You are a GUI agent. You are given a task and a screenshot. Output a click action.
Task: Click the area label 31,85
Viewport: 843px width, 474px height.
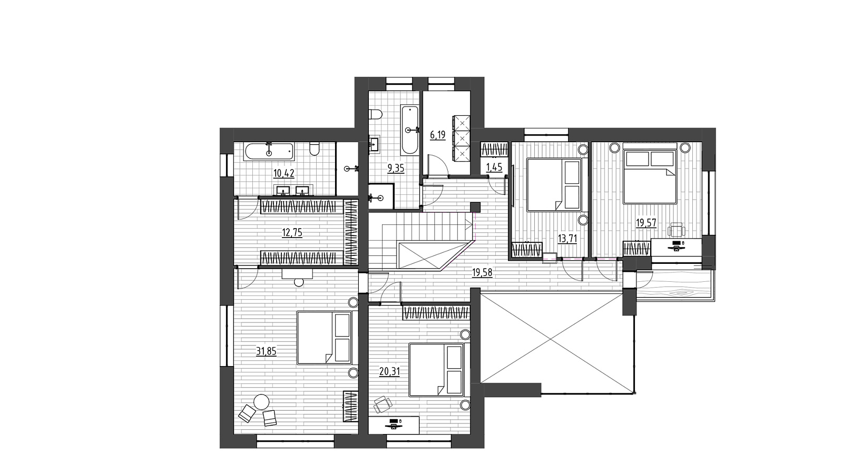[x=267, y=352]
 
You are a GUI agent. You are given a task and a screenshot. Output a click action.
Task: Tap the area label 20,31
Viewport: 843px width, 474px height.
[x=389, y=372]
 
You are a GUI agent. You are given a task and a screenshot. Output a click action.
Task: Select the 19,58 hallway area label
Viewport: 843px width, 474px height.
[x=482, y=273]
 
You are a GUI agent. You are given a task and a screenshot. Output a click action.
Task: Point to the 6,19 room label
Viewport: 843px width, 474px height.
[x=438, y=135]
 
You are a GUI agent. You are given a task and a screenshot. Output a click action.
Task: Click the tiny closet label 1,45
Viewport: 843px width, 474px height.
[x=494, y=167]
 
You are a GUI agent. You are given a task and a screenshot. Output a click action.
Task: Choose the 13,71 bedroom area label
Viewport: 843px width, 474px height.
[x=567, y=239]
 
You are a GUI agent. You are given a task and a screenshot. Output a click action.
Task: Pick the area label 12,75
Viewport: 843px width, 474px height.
[x=292, y=233]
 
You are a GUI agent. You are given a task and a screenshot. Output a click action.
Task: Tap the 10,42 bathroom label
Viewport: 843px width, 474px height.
[x=284, y=173]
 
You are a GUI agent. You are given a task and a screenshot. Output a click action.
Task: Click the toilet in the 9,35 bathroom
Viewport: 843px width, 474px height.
[x=376, y=114]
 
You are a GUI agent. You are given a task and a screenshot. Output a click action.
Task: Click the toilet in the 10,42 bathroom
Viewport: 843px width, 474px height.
[x=313, y=149]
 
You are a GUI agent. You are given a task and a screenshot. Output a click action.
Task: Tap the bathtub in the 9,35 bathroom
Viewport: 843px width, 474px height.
[x=409, y=130]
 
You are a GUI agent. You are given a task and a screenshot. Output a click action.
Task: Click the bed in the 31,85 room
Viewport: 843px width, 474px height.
[x=325, y=338]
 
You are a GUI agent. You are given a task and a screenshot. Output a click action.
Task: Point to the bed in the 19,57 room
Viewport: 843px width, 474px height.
[x=650, y=177]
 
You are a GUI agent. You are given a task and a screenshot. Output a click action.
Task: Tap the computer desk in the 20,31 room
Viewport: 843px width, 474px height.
[x=394, y=425]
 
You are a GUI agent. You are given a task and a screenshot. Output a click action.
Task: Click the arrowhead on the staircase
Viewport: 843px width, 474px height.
[x=469, y=226]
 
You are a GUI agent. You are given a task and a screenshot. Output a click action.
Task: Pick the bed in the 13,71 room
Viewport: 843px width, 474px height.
[x=554, y=184]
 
